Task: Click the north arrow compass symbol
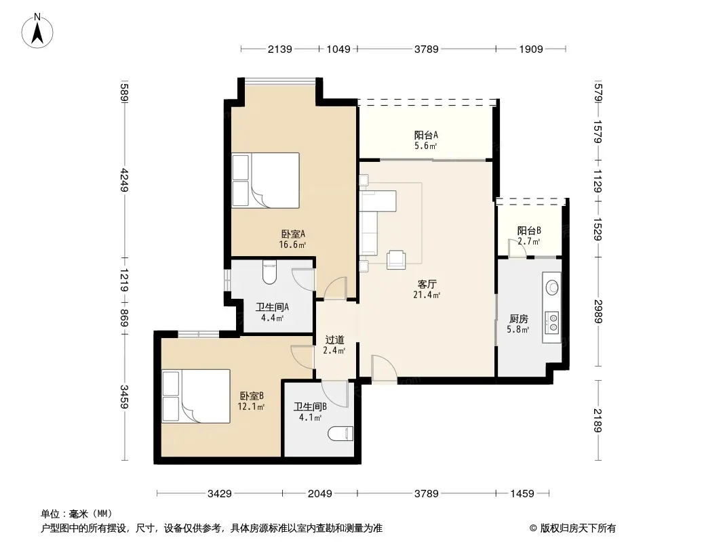[x=37, y=30]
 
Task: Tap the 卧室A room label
[x=293, y=234]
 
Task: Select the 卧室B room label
[x=252, y=396]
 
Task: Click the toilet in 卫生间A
[x=269, y=272]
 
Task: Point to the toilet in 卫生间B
[x=340, y=434]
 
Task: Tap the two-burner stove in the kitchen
[x=552, y=322]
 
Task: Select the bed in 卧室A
[x=266, y=180]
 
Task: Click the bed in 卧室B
[x=196, y=396]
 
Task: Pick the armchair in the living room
[x=396, y=259]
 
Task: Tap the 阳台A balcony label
[x=425, y=135]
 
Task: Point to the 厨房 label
[x=519, y=318]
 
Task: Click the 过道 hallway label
[x=335, y=340]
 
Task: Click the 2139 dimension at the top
[x=280, y=49]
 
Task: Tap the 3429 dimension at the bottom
[x=220, y=494]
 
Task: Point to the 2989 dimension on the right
[x=598, y=311]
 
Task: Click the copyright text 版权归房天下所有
[x=578, y=528]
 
